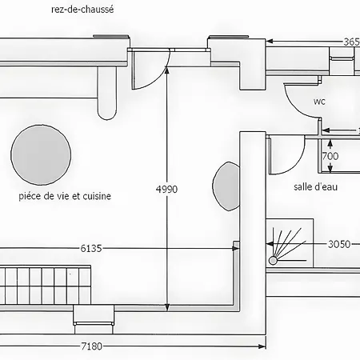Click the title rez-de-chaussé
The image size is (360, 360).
point(82,10)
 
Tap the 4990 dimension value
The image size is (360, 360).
point(166,189)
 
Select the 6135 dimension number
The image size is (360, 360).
point(91,248)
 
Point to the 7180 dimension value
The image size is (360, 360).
point(92,346)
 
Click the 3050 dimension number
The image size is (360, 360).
point(339,244)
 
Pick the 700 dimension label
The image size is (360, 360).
point(330,156)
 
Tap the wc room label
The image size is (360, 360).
point(319,102)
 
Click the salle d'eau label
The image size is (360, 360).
point(315,186)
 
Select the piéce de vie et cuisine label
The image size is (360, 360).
point(65,196)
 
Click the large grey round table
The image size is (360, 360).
point(41,155)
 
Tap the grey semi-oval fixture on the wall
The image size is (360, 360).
point(226,186)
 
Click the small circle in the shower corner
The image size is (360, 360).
point(273,261)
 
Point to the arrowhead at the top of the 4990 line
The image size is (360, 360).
point(167,70)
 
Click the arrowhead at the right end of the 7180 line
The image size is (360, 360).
point(262,346)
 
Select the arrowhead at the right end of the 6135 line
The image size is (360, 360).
point(236,248)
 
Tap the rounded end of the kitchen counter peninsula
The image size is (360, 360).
point(107,114)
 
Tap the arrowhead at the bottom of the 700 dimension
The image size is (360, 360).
point(330,168)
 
